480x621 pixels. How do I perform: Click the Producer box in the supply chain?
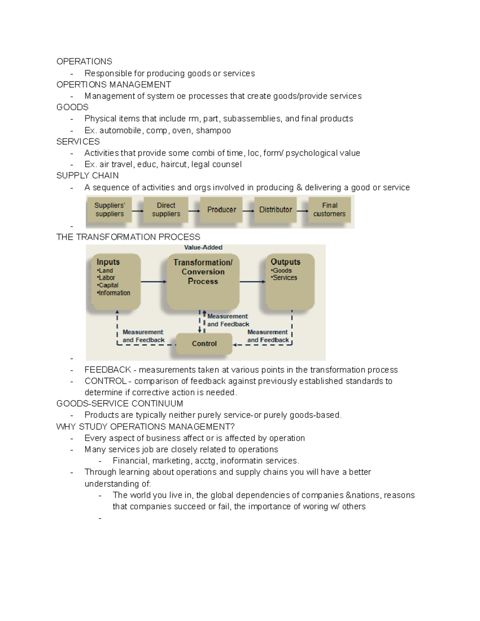coord(221,210)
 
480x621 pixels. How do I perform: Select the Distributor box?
coord(275,210)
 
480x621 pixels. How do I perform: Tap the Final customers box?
coord(330,210)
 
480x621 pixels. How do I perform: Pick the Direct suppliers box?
coord(166,210)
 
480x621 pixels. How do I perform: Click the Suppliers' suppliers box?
coord(110,210)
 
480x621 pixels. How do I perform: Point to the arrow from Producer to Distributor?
coord(248,211)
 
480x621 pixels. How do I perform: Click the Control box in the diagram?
coord(204,343)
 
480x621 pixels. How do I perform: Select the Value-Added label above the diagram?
coord(203,248)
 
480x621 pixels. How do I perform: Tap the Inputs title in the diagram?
coord(108,262)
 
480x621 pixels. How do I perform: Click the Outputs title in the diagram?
coord(285,262)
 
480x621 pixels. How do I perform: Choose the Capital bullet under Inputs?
coord(108,285)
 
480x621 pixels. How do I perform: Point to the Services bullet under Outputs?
coord(284,278)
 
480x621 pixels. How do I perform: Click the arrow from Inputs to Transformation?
coord(154,282)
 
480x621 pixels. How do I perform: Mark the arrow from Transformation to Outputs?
coord(252,282)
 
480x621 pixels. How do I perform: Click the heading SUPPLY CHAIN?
coord(88,176)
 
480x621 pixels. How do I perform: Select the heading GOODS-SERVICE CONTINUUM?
coord(120,403)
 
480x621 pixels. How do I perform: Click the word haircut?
coord(174,164)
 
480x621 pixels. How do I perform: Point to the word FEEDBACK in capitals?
coord(108,369)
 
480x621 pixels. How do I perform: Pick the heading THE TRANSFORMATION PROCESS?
coord(128,237)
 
